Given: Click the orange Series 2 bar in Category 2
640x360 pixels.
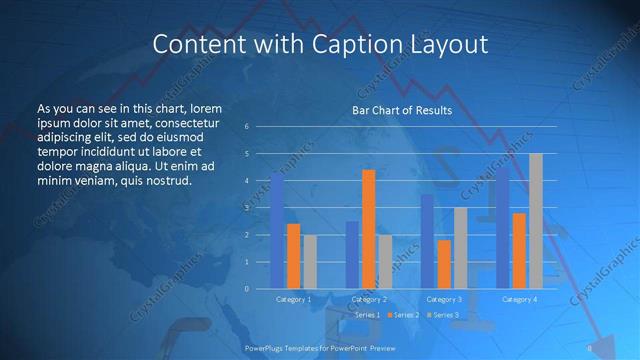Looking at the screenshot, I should tap(368, 229).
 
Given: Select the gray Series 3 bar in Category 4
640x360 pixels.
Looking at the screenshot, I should tap(535, 221).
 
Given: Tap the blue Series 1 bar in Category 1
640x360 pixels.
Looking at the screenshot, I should tap(277, 231).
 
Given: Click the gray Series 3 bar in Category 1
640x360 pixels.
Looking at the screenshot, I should tap(309, 262).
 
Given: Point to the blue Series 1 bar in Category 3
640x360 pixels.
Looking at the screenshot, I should tap(427, 241).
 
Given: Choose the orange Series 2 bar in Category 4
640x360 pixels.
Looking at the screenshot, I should tap(519, 250).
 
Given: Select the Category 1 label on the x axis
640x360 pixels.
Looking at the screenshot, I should tap(293, 299).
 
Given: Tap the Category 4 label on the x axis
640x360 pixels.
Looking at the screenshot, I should tap(519, 299).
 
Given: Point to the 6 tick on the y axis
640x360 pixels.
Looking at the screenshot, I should tap(246, 127).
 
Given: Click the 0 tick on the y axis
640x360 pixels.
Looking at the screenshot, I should tap(246, 288).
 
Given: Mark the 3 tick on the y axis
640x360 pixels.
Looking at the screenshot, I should tap(246, 208).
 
